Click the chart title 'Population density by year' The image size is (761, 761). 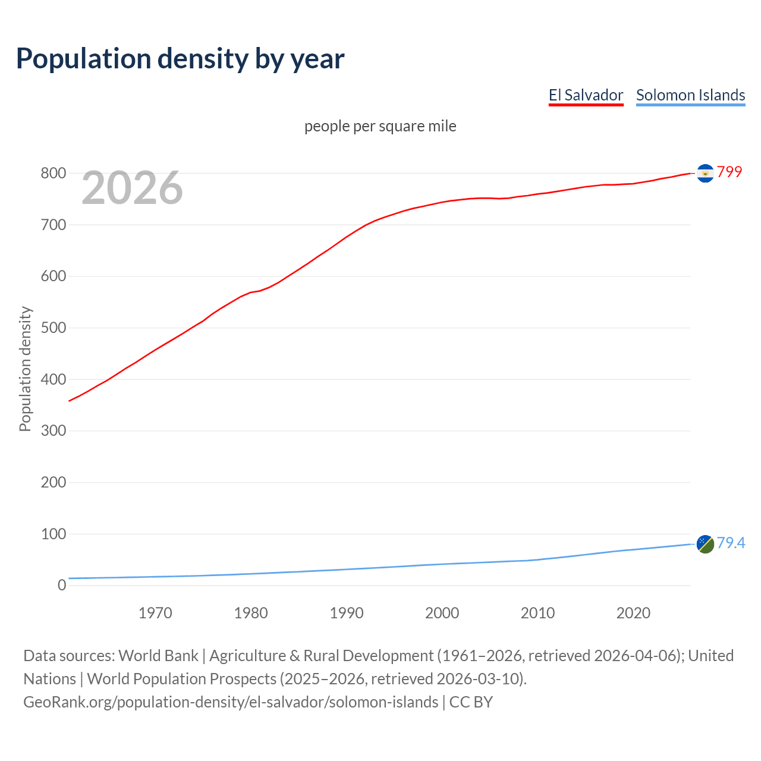pyautogui.click(x=180, y=58)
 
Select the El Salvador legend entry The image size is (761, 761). pyautogui.click(x=586, y=95)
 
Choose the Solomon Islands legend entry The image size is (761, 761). pyautogui.click(x=690, y=95)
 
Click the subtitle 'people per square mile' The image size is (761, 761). pyautogui.click(x=380, y=126)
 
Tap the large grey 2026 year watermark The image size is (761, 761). pyautogui.click(x=132, y=188)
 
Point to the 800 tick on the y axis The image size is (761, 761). pyautogui.click(x=53, y=174)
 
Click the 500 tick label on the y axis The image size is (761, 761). pyautogui.click(x=53, y=328)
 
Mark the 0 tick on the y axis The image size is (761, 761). pyautogui.click(x=62, y=586)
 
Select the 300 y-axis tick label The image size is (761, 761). pyautogui.click(x=53, y=431)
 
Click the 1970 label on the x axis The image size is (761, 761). pyautogui.click(x=155, y=613)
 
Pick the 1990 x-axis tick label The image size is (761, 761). pyautogui.click(x=347, y=613)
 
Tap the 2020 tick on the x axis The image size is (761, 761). pyautogui.click(x=633, y=613)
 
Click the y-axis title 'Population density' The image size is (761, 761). pyautogui.click(x=25, y=369)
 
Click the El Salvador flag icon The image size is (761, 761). pyautogui.click(x=705, y=173)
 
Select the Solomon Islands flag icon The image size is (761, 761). pyautogui.click(x=705, y=543)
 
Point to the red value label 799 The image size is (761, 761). pyautogui.click(x=729, y=172)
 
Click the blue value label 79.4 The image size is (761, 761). pyautogui.click(x=731, y=543)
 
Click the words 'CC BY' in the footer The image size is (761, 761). pyautogui.click(x=471, y=702)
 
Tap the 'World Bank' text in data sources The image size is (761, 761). pyautogui.click(x=158, y=656)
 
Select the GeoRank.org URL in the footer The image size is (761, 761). pyautogui.click(x=231, y=702)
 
